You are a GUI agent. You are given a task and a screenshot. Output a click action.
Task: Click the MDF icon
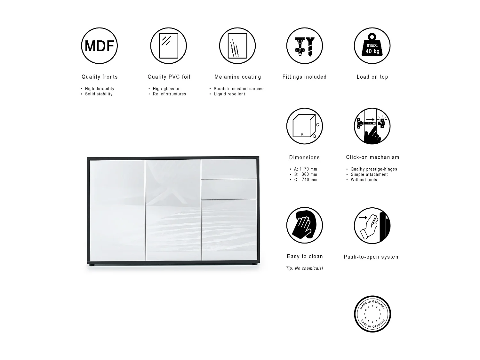coord(99,46)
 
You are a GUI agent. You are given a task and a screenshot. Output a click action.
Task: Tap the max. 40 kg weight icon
coord(372,46)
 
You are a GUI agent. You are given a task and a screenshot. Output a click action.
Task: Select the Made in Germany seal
coord(372,314)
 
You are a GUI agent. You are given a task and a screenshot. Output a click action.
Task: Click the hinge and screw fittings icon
coord(304,46)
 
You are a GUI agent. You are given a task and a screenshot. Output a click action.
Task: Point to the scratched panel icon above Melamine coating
coord(237,46)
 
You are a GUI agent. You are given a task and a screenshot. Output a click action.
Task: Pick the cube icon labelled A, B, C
coord(304,126)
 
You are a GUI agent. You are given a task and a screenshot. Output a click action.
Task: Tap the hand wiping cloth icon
coord(304,225)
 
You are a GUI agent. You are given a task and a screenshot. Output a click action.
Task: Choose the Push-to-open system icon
coord(372,225)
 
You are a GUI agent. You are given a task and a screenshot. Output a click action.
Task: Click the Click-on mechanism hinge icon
coord(372,126)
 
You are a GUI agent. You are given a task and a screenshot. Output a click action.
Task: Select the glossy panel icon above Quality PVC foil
coord(168,46)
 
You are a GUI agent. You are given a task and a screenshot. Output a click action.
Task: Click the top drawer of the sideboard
coord(229,169)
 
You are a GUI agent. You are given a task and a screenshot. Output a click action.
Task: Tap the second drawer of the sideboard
coord(229,189)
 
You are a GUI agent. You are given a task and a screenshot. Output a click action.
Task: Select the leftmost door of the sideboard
coord(117,210)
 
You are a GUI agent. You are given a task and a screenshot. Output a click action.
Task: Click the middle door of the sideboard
coord(173,210)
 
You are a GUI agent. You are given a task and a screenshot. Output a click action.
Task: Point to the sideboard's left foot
coord(92,265)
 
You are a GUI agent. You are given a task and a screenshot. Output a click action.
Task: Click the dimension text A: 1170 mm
coord(305,169)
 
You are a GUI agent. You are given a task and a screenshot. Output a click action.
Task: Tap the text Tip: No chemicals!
coord(304,268)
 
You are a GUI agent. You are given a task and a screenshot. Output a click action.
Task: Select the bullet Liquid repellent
coord(229,94)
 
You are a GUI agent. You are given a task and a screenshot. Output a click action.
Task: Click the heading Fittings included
coord(304,77)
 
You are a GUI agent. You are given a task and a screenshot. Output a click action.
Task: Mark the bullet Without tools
coord(364,180)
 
